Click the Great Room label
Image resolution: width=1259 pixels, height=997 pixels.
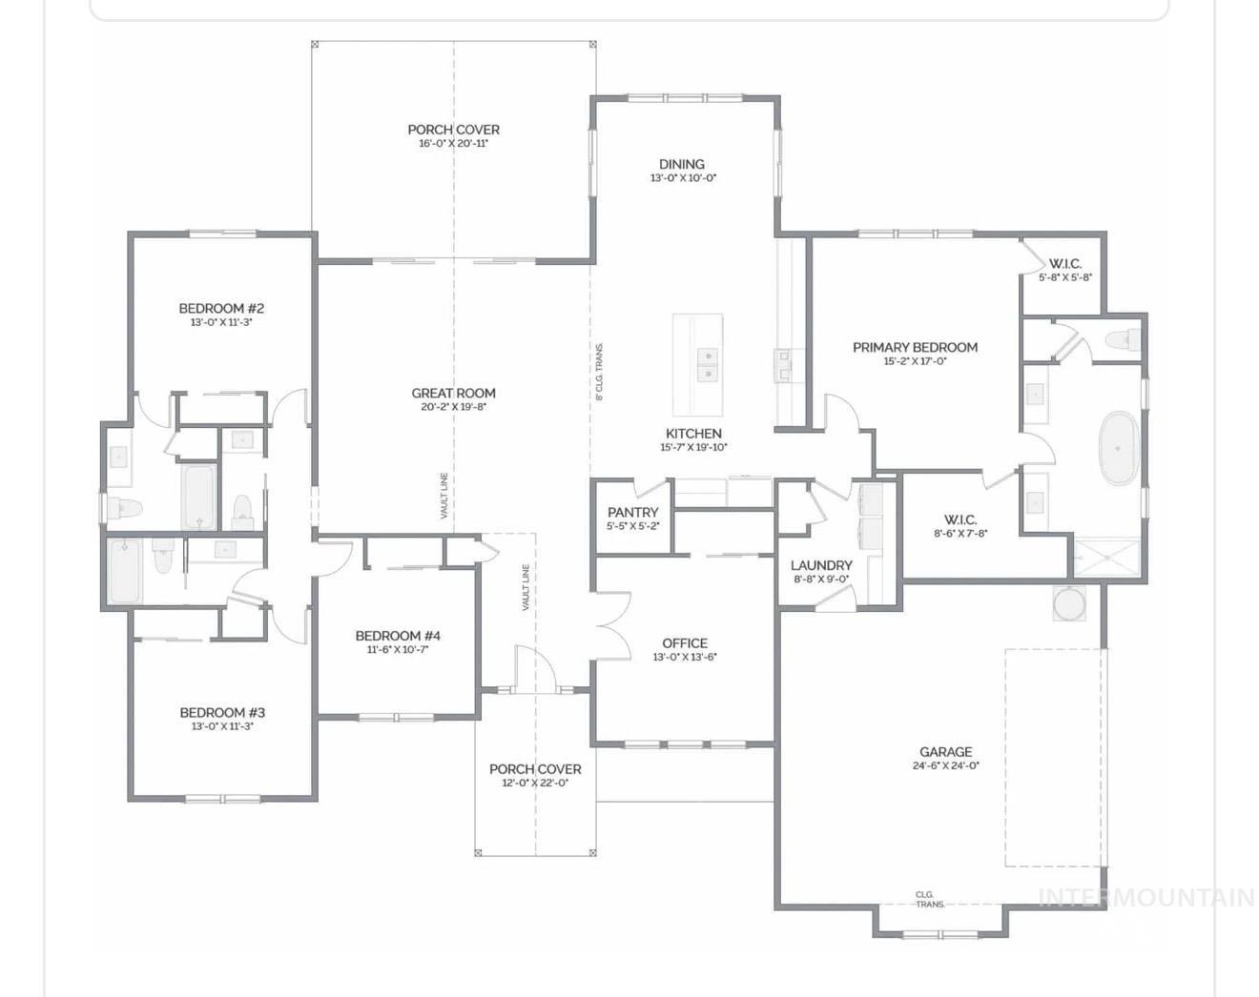453,393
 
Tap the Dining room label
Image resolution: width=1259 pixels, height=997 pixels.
682,164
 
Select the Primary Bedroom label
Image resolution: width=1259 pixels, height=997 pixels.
915,347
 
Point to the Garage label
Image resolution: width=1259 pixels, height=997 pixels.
945,751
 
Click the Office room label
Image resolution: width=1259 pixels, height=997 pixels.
685,642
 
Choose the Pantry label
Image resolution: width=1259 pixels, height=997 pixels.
633,512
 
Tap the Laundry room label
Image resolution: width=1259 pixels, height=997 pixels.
821,565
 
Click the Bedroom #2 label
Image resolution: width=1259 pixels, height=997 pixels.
221,308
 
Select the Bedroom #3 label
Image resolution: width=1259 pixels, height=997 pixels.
222,712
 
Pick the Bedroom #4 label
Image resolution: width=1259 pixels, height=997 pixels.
398,636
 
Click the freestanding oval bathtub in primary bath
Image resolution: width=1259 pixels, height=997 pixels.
1117,448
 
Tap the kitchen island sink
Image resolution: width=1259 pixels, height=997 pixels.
708,365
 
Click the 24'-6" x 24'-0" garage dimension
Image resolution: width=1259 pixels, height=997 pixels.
945,765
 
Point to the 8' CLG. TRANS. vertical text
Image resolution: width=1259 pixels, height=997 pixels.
599,372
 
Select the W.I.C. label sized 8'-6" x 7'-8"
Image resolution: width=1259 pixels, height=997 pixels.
960,519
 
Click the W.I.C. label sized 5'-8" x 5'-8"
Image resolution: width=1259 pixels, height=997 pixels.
1065,263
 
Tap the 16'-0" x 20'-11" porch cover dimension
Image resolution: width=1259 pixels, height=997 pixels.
453,144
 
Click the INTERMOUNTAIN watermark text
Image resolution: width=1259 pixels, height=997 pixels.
1145,898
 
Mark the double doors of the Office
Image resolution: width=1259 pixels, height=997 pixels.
610,625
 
